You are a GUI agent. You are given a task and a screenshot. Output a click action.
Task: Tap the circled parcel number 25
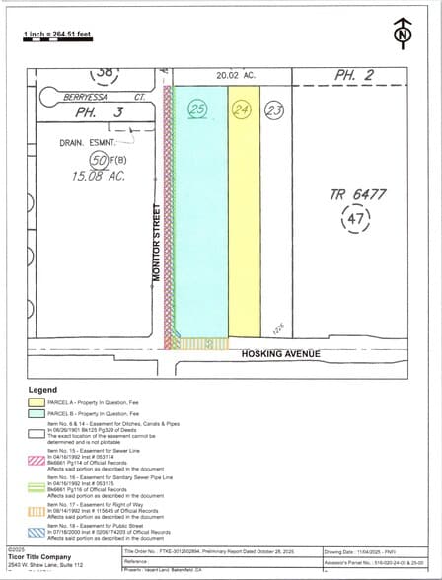click(x=197, y=109)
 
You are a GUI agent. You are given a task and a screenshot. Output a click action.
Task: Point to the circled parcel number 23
click(x=274, y=110)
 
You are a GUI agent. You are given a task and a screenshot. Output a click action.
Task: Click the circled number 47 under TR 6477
click(x=354, y=219)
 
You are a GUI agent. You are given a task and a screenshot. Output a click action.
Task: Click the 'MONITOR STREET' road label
click(x=156, y=242)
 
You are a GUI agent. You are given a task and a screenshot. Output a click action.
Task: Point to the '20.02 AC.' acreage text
click(x=236, y=74)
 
